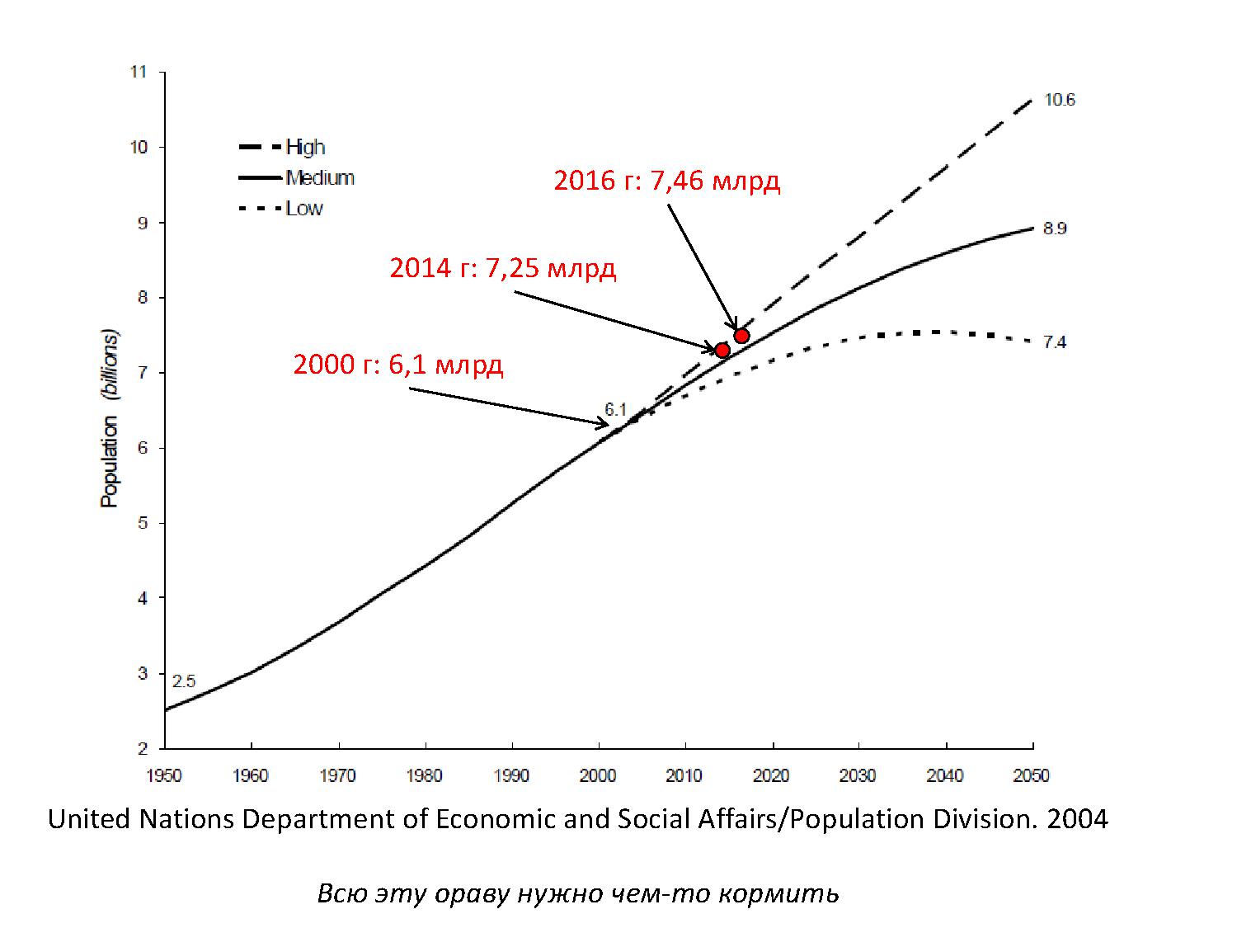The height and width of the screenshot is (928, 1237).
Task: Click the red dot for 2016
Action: [x=741, y=335]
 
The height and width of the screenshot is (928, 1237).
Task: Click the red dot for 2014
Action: [x=722, y=350]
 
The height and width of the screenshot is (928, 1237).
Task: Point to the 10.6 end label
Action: [x=1060, y=101]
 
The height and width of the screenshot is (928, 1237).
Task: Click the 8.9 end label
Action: [x=1055, y=228]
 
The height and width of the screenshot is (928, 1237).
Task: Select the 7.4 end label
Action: [x=1055, y=342]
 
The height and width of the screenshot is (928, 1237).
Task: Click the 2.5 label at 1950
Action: [x=184, y=681]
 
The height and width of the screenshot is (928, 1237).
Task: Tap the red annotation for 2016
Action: [x=666, y=181]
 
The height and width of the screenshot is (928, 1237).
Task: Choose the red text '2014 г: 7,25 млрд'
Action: [x=502, y=268]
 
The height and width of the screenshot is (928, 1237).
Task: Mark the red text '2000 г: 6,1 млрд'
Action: [x=398, y=365]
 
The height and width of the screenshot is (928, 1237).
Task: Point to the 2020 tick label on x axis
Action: [x=772, y=775]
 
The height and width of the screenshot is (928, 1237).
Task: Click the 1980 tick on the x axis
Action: [x=425, y=775]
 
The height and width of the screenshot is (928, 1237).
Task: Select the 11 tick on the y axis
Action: [x=138, y=73]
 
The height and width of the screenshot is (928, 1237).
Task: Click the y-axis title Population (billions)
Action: [x=110, y=418]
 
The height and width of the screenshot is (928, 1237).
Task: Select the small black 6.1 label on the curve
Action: [x=616, y=409]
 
